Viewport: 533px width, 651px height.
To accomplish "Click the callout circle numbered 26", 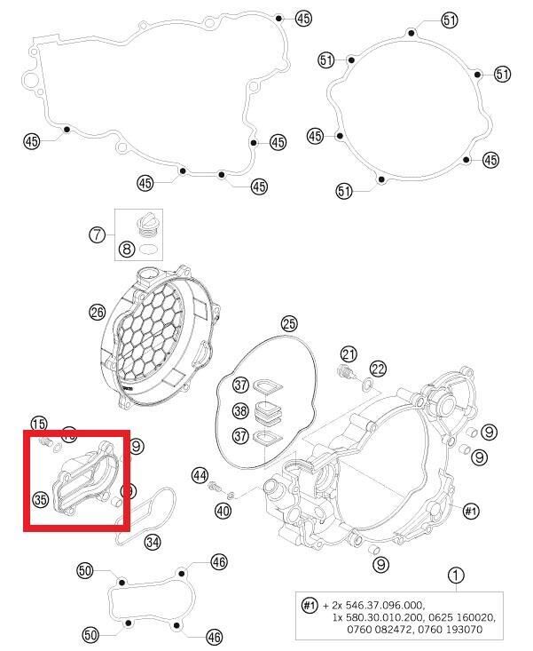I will coord(98,312).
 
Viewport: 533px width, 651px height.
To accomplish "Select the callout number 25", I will coord(289,323).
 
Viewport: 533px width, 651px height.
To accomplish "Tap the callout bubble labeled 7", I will coord(98,235).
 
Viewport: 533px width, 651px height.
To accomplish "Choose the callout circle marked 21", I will coord(349,354).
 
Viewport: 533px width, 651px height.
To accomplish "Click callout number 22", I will coord(379,369).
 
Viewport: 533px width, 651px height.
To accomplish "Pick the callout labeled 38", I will coord(240,411).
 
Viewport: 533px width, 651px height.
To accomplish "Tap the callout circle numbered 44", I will coord(200,476).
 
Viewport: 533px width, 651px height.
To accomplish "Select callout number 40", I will coord(222,510).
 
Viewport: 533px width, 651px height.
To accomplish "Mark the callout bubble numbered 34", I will coord(153,542).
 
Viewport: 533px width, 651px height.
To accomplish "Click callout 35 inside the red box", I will coord(40,500).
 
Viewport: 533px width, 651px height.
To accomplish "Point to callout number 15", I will coord(39,424).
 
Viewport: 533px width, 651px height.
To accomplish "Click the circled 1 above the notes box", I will coord(455,576).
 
